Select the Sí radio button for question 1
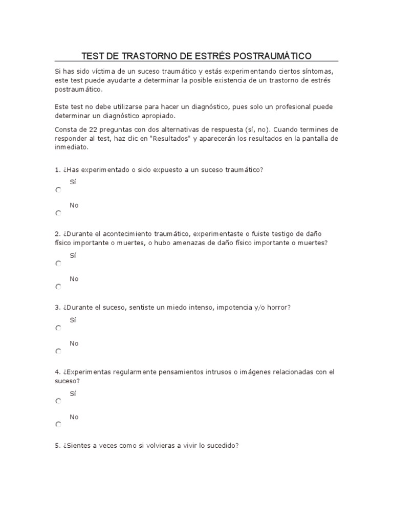tap(58, 190)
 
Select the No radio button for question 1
tap(58, 213)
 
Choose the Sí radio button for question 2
tap(58, 264)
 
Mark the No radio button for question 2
tap(58, 287)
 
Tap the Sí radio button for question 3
tap(58, 328)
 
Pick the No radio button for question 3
tap(58, 351)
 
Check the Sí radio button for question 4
tap(58, 402)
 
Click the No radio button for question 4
tap(58, 425)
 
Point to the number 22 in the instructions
tap(92, 129)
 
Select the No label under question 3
tap(74, 343)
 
